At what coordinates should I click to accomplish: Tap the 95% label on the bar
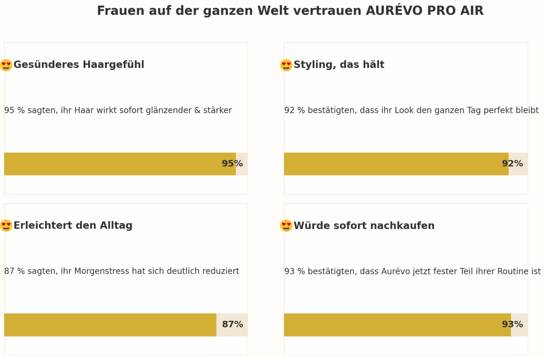pos(232,164)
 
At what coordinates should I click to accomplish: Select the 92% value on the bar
pos(512,164)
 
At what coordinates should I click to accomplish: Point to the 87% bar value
pos(232,324)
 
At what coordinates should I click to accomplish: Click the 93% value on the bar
pos(512,324)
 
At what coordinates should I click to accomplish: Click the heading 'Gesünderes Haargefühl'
pos(79,65)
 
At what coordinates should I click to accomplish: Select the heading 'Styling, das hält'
pos(339,65)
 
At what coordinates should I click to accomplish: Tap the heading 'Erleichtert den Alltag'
pos(73,225)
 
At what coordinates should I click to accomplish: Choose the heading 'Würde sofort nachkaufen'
pos(364,226)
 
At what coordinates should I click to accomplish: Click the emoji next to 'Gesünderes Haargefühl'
pos(6,65)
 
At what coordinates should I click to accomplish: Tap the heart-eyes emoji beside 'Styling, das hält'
pos(286,65)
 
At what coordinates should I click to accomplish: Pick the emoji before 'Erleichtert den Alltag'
pos(6,225)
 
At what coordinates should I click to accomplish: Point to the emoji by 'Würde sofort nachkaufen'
pos(286,225)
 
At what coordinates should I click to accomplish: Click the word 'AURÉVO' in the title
pos(394,11)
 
